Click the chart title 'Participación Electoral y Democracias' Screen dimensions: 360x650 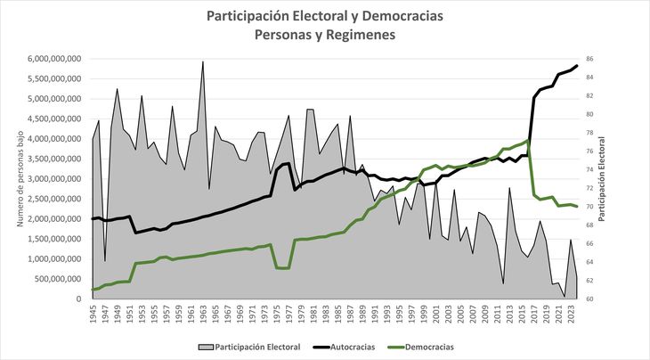(x=324, y=16)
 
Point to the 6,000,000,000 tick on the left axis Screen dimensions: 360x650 (x=56, y=59)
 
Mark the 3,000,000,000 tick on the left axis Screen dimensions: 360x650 (x=56, y=179)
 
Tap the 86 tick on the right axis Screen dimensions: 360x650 (x=602, y=59)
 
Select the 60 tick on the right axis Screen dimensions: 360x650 (x=602, y=299)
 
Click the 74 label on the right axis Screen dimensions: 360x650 (x=602, y=170)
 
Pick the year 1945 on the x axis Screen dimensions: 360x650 (x=93, y=316)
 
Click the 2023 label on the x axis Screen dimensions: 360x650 (x=570, y=316)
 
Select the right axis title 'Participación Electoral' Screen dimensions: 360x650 (x=626, y=178)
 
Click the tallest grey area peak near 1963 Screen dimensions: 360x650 (x=203, y=61)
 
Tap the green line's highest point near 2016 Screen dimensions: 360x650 (x=529, y=141)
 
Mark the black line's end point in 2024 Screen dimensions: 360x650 (x=577, y=65)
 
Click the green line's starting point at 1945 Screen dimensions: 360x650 (x=93, y=290)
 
